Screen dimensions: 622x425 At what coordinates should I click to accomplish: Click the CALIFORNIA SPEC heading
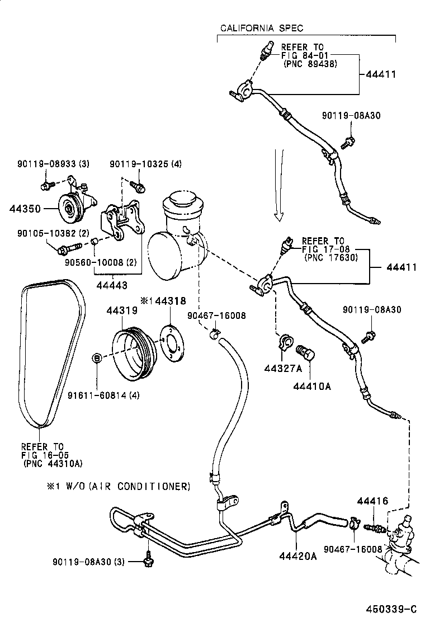(261, 28)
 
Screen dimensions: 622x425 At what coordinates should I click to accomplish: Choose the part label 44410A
(308, 385)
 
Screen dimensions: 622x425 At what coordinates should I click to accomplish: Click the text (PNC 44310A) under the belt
(52, 463)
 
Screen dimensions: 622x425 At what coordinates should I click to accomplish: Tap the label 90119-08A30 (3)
(89, 561)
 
